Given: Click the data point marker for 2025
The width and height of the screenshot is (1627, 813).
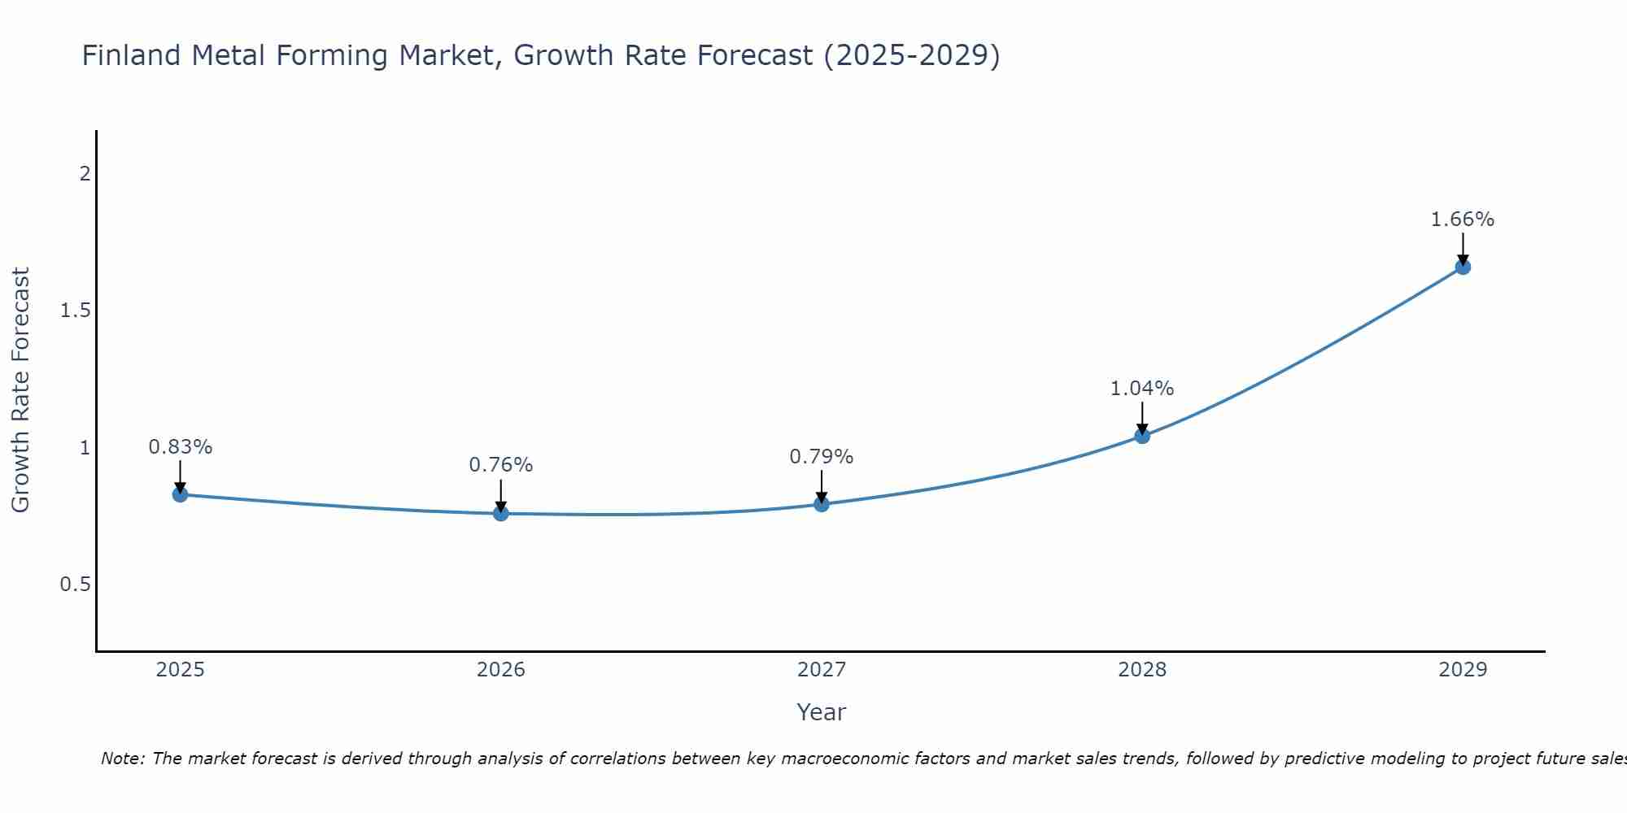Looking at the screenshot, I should pos(181,494).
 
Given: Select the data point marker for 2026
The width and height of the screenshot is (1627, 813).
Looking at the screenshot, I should pos(501,513).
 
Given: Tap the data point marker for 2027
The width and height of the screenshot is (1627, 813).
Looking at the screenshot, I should pos(822,504).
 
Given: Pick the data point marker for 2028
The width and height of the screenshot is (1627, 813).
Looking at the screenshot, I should pos(1142,436).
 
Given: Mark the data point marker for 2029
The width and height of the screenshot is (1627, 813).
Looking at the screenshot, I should pos(1463,267).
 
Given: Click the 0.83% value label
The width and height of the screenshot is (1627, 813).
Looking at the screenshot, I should pos(181,447).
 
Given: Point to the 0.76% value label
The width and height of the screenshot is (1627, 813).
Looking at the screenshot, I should pos(501,465).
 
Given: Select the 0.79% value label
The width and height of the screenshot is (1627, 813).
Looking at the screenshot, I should pos(822,457).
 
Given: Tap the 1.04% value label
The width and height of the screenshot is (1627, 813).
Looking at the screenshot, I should pos(1142,389).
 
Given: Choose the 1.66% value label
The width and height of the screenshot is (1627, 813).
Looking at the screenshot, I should pos(1463,220).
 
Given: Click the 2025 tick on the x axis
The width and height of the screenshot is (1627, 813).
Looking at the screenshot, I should pos(181,670).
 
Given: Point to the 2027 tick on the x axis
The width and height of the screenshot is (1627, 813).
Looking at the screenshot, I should pos(822,670).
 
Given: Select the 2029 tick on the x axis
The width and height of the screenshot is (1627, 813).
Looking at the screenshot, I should pos(1463,670).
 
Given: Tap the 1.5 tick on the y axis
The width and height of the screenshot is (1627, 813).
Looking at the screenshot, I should pos(75,311).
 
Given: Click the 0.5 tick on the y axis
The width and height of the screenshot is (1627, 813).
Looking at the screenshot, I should pos(75,585).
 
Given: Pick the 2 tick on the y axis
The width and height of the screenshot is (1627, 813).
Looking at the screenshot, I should pos(85,174).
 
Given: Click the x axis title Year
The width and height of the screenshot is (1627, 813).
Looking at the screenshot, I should pos(822,712).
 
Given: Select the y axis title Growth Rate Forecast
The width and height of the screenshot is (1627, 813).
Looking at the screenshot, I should pos(21,390).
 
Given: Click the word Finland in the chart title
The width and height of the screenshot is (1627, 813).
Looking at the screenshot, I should pos(132,56).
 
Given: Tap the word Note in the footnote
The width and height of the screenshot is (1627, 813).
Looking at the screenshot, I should pos(122,759).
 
